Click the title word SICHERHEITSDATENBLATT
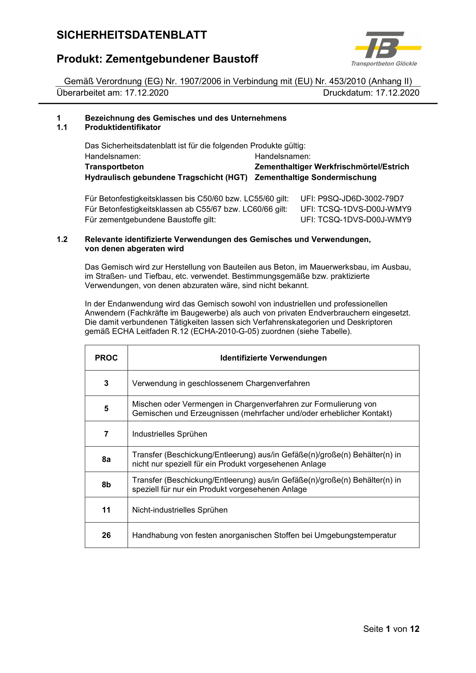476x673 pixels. pyautogui.click(x=132, y=35)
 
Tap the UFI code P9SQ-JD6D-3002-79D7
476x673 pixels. pyautogui.click(x=361, y=199)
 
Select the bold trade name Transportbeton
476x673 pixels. pyautogui.click(x=114, y=167)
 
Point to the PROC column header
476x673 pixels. pyautogui.click(x=106, y=358)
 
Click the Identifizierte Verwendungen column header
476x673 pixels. pyautogui.click(x=273, y=358)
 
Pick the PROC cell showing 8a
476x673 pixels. pyautogui.click(x=106, y=459)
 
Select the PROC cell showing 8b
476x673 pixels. pyautogui.click(x=106, y=485)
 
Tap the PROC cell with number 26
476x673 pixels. pyautogui.click(x=106, y=535)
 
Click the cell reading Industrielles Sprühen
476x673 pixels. pyautogui.click(x=170, y=434)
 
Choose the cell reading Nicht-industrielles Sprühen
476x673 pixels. pyautogui.click(x=180, y=510)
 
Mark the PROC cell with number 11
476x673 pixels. pyautogui.click(x=106, y=510)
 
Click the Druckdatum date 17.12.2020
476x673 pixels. pyautogui.click(x=397, y=93)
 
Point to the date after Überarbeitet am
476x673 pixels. pyautogui.click(x=147, y=93)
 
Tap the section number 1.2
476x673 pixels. pyautogui.click(x=62, y=239)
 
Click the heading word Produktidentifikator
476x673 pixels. pyautogui.click(x=123, y=127)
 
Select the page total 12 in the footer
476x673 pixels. pyautogui.click(x=414, y=629)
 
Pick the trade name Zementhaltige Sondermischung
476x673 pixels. pyautogui.click(x=315, y=177)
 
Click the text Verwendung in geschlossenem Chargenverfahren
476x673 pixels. pyautogui.click(x=221, y=383)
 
